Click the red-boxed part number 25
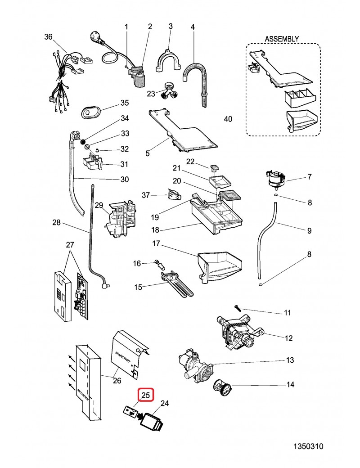pos(146,395)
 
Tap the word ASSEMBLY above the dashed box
pos(282,39)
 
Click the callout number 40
pos(228,119)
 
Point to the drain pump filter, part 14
pos(223,386)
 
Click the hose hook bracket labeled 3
pos(167,61)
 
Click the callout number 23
pos(151,94)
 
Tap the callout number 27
pos(70,245)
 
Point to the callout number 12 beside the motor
pos(288,338)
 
